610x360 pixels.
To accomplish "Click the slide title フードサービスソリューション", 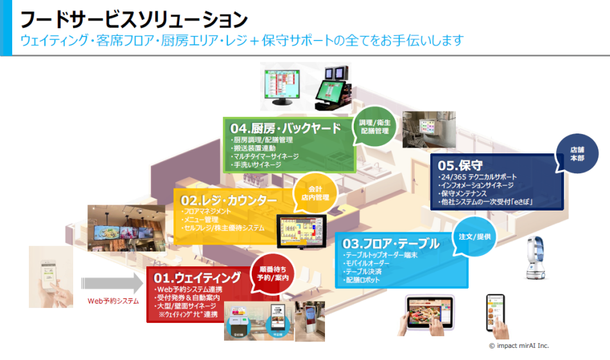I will pos(134,17).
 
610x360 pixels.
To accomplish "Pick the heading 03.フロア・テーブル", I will pos(391,244).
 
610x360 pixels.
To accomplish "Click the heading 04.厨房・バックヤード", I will pos(286,128).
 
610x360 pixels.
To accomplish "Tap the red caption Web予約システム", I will pos(113,300).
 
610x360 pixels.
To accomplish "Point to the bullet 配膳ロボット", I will pos(363,280).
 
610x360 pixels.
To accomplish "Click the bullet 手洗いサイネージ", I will pos(256,165).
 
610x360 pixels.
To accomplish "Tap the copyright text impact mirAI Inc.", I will pos(519,345).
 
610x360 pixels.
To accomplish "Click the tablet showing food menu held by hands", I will pos(430,313).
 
